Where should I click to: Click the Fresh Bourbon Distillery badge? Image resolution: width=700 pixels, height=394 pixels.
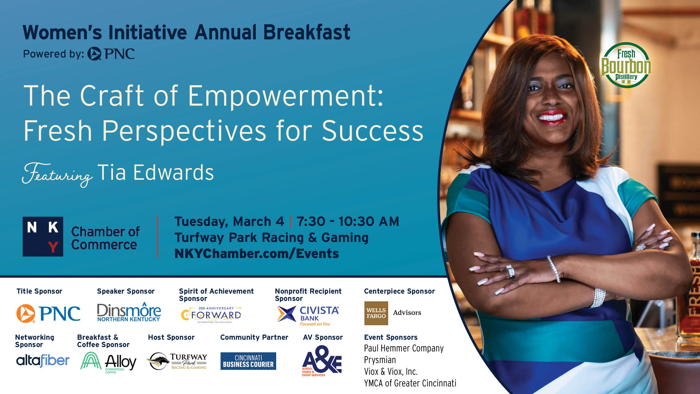tap(626, 65)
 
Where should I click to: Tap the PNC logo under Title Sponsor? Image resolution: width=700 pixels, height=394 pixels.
tap(48, 313)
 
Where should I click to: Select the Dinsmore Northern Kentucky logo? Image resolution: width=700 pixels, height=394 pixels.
tap(129, 312)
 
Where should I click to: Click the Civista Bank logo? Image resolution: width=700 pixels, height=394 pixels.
tap(308, 315)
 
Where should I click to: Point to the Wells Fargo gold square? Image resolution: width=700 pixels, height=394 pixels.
tap(376, 313)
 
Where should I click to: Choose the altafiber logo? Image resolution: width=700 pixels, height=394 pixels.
tap(43, 361)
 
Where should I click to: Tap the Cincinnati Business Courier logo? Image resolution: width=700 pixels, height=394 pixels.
tap(248, 361)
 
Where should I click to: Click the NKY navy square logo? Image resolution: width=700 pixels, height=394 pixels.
tap(43, 236)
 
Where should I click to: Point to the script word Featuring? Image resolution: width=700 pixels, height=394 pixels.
tap(57, 174)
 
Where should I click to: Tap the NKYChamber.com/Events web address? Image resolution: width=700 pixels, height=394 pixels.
tap(257, 253)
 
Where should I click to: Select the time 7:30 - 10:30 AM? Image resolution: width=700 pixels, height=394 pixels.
tap(348, 221)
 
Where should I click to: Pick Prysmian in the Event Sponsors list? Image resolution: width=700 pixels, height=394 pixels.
tap(380, 360)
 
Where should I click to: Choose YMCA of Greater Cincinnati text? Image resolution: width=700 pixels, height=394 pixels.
tap(410, 383)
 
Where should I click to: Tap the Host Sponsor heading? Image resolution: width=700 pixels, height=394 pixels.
tap(171, 337)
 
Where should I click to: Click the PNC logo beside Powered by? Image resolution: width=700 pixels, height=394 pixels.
tap(111, 54)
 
